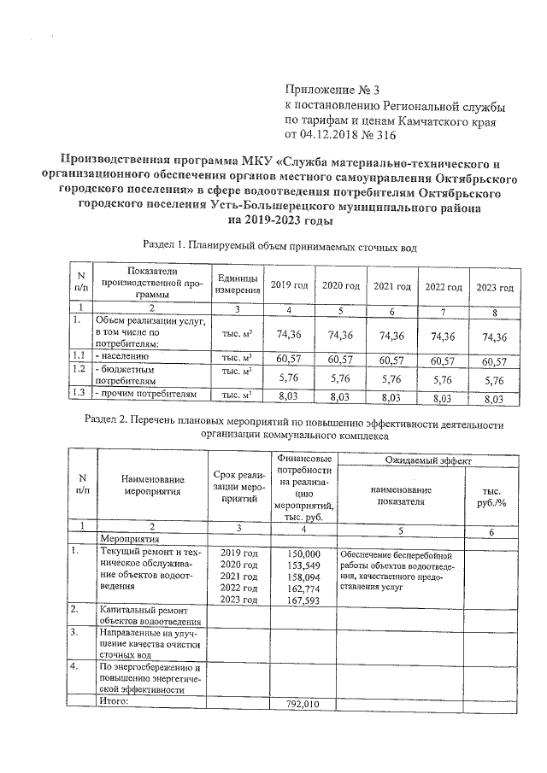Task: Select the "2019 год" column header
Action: point(285,285)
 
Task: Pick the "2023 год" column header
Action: point(495,286)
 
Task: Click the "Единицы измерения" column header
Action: point(232,285)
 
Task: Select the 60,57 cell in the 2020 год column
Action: point(340,361)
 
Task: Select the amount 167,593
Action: point(305,600)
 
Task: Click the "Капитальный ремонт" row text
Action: point(141,610)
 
